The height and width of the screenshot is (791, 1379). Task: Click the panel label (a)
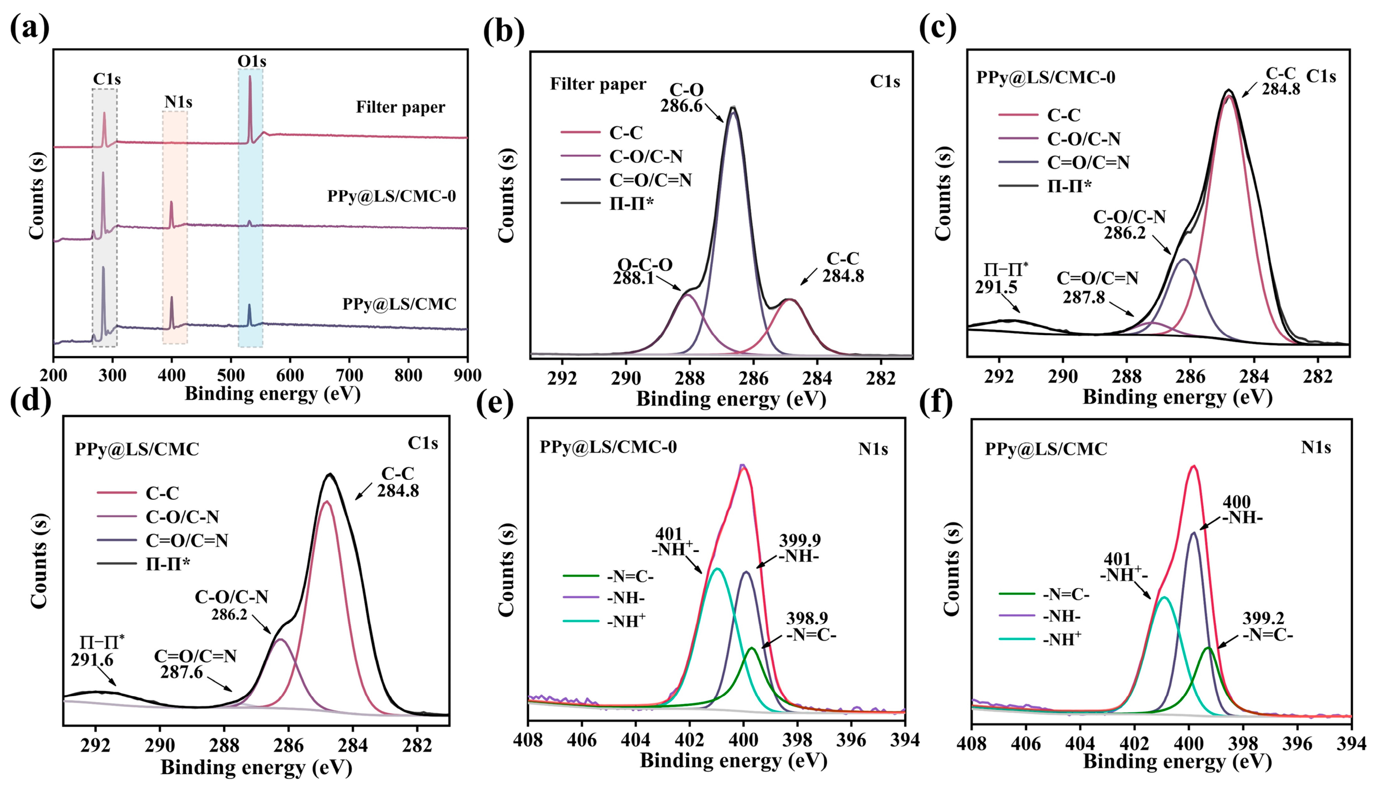tap(30, 27)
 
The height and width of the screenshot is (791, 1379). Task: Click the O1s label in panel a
tap(252, 61)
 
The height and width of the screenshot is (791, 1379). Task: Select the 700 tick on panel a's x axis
tap(349, 376)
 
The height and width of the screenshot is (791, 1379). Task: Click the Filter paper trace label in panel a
tap(401, 107)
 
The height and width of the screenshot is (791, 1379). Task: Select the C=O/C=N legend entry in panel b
tap(650, 180)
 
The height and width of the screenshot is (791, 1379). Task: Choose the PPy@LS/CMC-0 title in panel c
tap(1045, 78)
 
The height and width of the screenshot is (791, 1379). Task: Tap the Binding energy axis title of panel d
tap(256, 767)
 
